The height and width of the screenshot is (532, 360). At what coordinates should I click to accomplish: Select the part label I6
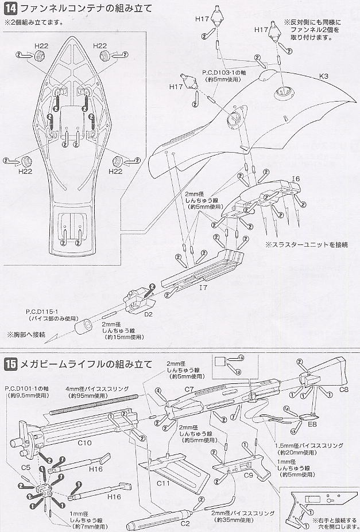pos(296,179)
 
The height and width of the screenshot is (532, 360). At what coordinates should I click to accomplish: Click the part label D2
pos(148,314)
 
